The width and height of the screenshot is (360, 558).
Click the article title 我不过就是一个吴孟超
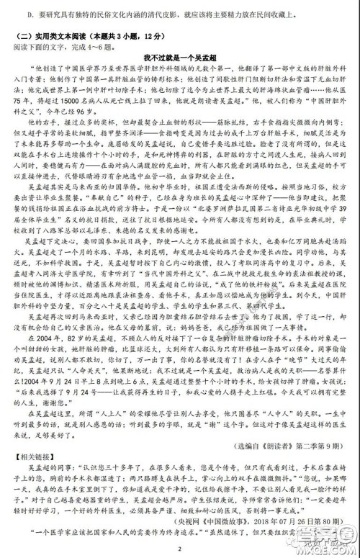coord(179,57)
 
